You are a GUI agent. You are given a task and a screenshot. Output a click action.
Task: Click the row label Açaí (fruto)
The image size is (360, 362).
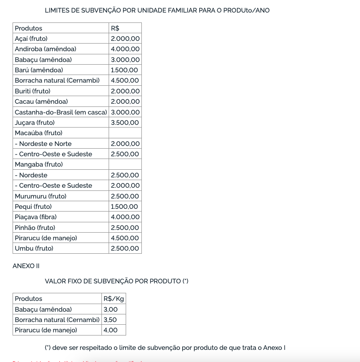[x=31, y=39]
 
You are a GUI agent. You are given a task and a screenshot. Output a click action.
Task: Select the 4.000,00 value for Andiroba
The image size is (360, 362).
[x=125, y=49]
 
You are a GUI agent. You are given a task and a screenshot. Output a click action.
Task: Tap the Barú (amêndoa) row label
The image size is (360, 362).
[x=39, y=70]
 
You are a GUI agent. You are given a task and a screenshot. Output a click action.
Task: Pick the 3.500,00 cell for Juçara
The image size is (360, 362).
[x=125, y=123]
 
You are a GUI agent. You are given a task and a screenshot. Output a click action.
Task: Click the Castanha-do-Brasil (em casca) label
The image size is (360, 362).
[x=61, y=112]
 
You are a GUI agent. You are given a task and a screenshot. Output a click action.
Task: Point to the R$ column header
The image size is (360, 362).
[x=115, y=28]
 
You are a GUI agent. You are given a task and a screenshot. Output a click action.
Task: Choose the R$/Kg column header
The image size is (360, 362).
[x=114, y=299]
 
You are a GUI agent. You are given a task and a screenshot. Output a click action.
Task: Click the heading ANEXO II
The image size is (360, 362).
[x=26, y=266]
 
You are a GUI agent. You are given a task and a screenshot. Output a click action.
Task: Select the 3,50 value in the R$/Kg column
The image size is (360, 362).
[x=110, y=320]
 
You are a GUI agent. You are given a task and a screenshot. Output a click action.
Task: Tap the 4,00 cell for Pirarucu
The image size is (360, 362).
[x=110, y=330]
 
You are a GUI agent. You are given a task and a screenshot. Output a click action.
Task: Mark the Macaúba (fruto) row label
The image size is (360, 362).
[x=39, y=133]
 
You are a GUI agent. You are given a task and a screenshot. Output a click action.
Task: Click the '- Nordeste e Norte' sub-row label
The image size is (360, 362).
[x=43, y=144]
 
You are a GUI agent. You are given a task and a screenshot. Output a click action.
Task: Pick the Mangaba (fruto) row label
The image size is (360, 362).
[x=39, y=164]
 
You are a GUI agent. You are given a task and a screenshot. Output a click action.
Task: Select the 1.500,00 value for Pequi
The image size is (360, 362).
[x=124, y=207]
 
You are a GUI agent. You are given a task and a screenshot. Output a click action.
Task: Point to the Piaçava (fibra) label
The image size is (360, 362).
[x=35, y=217]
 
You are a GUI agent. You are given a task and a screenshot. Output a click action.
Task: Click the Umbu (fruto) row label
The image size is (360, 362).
[x=34, y=248]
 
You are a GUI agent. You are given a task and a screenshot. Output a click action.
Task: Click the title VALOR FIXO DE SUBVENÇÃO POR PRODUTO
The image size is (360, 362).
[x=116, y=281]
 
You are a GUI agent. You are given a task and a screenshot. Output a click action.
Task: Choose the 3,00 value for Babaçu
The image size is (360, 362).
[x=110, y=309]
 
